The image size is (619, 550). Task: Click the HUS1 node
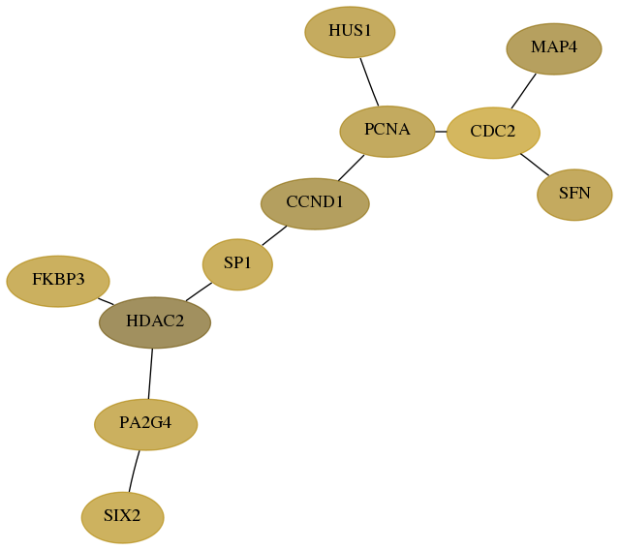point(350,32)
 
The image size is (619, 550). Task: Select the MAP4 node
point(554,49)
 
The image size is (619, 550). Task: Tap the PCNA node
point(387,132)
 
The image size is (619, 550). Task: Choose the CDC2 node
point(493,133)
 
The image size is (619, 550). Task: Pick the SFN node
point(574,195)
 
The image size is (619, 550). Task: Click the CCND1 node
point(315,204)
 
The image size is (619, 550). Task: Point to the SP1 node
point(237,264)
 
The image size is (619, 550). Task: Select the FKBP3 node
point(58,282)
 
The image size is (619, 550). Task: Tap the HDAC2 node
point(155,322)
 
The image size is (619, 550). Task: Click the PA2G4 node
point(145,424)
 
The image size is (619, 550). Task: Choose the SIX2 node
point(122,518)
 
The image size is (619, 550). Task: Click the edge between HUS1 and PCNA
point(369,82)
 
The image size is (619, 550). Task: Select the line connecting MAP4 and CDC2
point(523,91)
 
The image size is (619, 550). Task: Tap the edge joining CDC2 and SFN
point(535,165)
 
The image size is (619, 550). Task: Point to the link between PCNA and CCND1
point(351,168)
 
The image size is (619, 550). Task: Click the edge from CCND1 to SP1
point(274,235)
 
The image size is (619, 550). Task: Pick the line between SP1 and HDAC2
point(199,292)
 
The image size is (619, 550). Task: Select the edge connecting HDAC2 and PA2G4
point(150,374)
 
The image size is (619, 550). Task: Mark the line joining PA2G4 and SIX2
point(134,472)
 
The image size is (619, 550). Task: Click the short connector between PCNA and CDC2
point(441,132)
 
